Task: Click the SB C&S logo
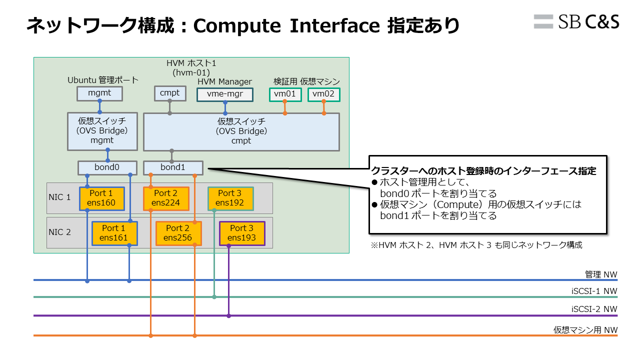click(x=576, y=21)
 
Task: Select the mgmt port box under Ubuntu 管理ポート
click(x=99, y=93)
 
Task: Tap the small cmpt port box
click(x=169, y=93)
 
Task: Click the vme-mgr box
click(x=225, y=94)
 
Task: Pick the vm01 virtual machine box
click(x=285, y=94)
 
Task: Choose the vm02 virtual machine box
click(x=323, y=94)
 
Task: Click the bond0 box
click(x=107, y=167)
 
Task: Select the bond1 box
click(x=173, y=167)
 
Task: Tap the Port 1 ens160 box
click(x=101, y=198)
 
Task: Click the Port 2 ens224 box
click(x=166, y=198)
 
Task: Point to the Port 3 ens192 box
click(x=230, y=198)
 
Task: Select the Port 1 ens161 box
click(x=114, y=233)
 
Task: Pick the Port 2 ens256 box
click(x=178, y=233)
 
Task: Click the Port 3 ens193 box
click(x=242, y=233)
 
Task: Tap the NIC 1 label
click(x=59, y=197)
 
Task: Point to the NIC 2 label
click(x=59, y=232)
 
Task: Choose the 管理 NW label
click(x=601, y=274)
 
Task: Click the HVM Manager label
click(x=224, y=81)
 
